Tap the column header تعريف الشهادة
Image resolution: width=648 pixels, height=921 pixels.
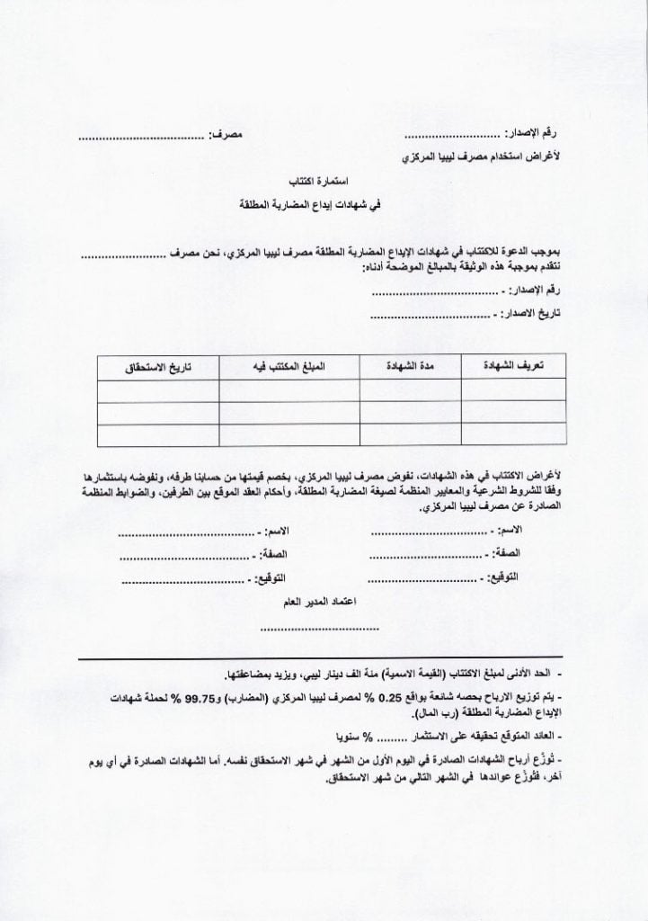pyautogui.click(x=512, y=367)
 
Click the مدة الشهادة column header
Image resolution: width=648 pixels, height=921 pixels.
pyautogui.click(x=409, y=367)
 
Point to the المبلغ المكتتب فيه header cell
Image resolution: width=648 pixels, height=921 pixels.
pyautogui.click(x=289, y=367)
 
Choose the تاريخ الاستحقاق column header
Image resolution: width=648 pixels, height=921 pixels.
pyautogui.click(x=158, y=367)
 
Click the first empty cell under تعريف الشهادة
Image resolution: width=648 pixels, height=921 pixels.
pyautogui.click(x=512, y=390)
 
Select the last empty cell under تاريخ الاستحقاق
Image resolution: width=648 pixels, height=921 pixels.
pyautogui.click(x=158, y=434)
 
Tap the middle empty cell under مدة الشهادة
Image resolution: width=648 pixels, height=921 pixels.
pyautogui.click(x=409, y=413)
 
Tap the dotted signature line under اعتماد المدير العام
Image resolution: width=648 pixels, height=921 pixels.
pyautogui.click(x=319, y=629)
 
